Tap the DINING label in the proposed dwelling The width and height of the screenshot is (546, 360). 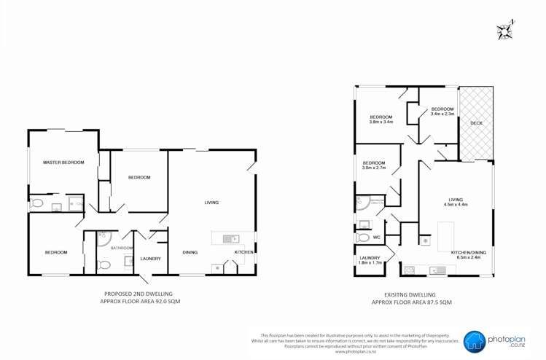click(x=190, y=252)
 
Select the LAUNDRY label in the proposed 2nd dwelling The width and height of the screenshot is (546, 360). click(x=150, y=259)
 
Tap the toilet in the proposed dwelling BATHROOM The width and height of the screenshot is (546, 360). click(x=104, y=265)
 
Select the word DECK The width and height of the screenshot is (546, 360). click(x=476, y=123)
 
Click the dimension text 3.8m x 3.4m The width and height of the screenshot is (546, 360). click(x=381, y=122)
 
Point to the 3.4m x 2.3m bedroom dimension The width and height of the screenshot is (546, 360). click(x=442, y=114)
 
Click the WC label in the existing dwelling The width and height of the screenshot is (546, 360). click(x=376, y=237)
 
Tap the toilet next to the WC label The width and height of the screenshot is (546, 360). click(x=363, y=237)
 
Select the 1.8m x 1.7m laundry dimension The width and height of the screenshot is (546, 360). click(x=370, y=263)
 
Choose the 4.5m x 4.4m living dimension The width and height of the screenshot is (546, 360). click(x=456, y=205)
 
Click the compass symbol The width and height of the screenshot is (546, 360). click(x=504, y=31)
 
